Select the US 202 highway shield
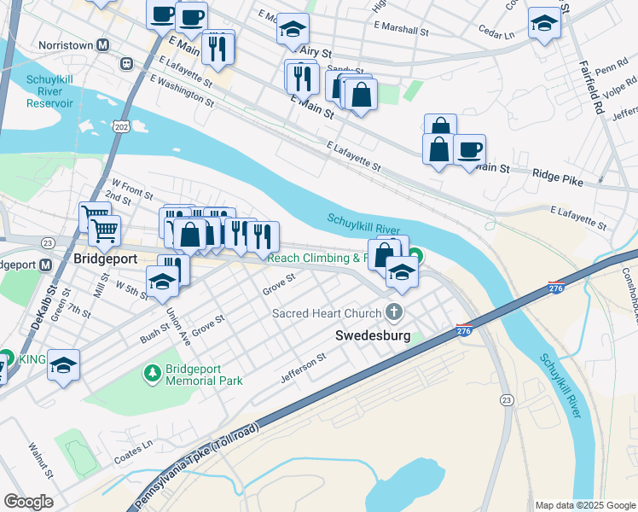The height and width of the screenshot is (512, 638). pyautogui.click(x=119, y=126)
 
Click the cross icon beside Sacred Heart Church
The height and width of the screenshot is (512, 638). pyautogui.click(x=393, y=312)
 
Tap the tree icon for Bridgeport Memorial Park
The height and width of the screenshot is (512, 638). pyautogui.click(x=152, y=373)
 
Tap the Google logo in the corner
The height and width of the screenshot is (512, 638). pyautogui.click(x=28, y=502)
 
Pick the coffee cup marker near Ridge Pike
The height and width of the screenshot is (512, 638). pyautogui.click(x=469, y=150)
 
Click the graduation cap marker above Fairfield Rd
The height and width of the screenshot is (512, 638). pyautogui.click(x=543, y=23)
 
